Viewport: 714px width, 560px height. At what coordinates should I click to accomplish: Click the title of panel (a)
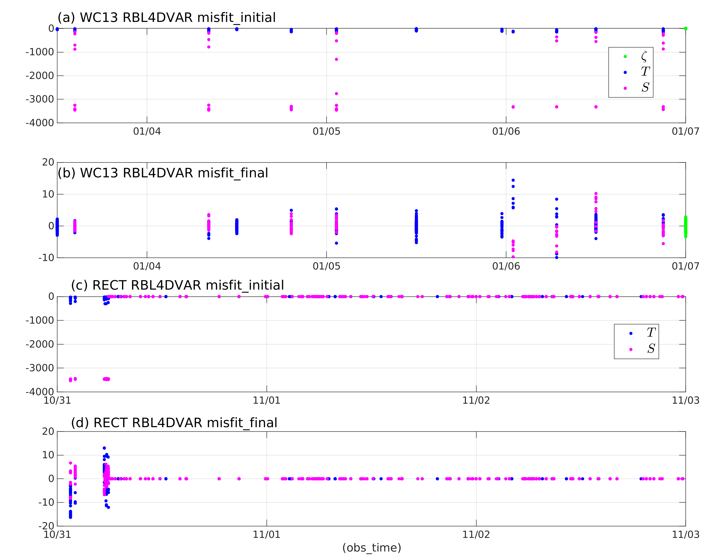click(x=166, y=18)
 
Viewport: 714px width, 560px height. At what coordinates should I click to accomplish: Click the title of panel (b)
click(x=163, y=173)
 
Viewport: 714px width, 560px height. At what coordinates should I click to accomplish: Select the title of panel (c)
click(x=177, y=286)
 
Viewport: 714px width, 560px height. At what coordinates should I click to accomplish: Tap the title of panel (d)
click(x=174, y=423)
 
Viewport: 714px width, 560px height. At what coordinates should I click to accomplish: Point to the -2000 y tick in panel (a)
click(x=40, y=76)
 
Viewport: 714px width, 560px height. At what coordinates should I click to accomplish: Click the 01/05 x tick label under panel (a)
click(x=326, y=132)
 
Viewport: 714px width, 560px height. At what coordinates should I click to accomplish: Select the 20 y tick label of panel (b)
click(x=48, y=162)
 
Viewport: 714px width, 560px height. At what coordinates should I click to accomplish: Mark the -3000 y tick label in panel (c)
click(x=40, y=368)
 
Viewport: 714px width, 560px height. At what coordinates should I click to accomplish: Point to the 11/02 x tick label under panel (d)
click(x=476, y=535)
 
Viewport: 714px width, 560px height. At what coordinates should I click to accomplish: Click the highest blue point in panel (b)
click(x=513, y=180)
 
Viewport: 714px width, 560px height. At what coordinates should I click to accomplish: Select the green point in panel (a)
click(x=685, y=29)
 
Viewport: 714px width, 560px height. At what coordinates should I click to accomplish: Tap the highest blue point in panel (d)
click(x=104, y=448)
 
